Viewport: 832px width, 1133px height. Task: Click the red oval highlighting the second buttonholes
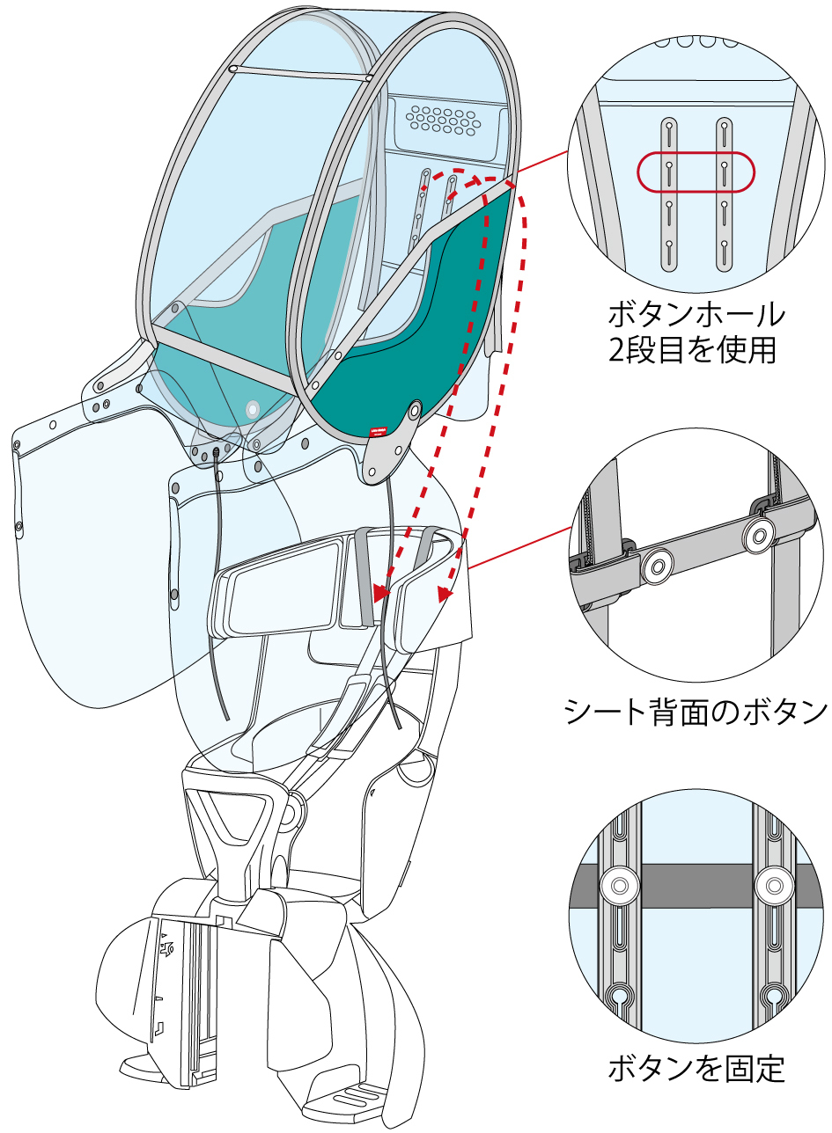click(x=696, y=172)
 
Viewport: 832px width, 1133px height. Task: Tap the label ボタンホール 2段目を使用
click(x=696, y=332)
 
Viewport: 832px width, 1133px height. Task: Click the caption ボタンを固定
click(x=696, y=1069)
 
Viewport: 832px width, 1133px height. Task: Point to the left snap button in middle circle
click(x=656, y=567)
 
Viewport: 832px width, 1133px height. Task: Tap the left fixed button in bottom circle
click(x=619, y=884)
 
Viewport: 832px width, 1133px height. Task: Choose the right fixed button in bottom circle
click(x=774, y=884)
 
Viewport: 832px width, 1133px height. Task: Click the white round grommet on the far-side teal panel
click(x=253, y=409)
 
